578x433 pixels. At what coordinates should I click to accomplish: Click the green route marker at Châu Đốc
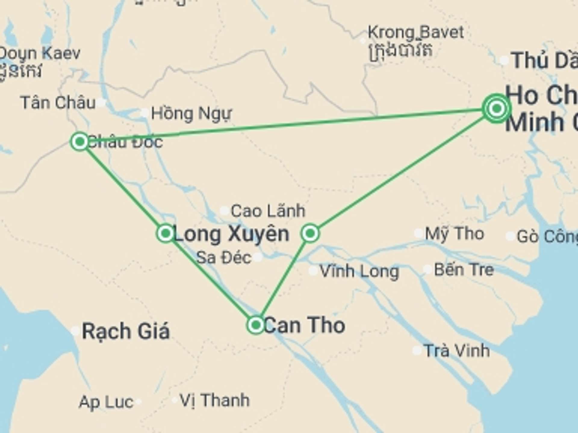coord(80,141)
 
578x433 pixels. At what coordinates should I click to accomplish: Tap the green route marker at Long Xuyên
coord(165,233)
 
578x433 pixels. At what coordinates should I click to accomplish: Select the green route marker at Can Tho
coord(256,325)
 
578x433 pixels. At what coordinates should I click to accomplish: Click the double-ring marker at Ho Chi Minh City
coord(497,108)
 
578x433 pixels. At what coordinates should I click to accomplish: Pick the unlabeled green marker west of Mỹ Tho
coord(310,233)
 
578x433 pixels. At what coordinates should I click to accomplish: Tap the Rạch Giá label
coord(126,331)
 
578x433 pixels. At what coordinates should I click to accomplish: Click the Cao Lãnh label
coord(268,211)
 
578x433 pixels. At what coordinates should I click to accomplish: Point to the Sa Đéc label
coord(224,258)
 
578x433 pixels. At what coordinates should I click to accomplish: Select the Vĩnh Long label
coord(359,272)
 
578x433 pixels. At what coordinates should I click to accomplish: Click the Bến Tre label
coord(464,270)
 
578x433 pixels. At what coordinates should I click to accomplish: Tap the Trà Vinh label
coord(457,351)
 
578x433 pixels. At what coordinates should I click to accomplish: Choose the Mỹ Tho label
coord(455,234)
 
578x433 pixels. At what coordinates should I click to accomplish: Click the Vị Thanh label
coord(215,400)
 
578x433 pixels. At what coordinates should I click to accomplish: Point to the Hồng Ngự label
coord(191,114)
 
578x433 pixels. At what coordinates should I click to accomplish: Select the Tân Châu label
coord(58,103)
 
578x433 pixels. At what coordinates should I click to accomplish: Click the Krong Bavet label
coord(416,32)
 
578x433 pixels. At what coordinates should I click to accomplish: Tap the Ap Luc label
coord(106,402)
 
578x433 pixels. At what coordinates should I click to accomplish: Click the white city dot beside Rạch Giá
coord(75,331)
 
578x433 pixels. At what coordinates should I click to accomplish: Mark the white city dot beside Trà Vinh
coord(417,350)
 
